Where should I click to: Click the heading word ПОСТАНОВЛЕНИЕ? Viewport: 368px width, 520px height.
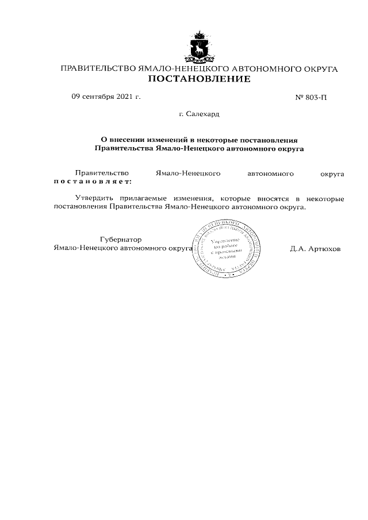pyautogui.click(x=200, y=79)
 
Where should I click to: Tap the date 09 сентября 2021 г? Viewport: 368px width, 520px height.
pyautogui.click(x=106, y=97)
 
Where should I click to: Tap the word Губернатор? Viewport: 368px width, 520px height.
pyautogui.click(x=120, y=239)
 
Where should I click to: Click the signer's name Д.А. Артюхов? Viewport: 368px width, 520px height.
pyautogui.click(x=316, y=249)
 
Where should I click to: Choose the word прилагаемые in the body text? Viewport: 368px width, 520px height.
pyautogui.click(x=141, y=198)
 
